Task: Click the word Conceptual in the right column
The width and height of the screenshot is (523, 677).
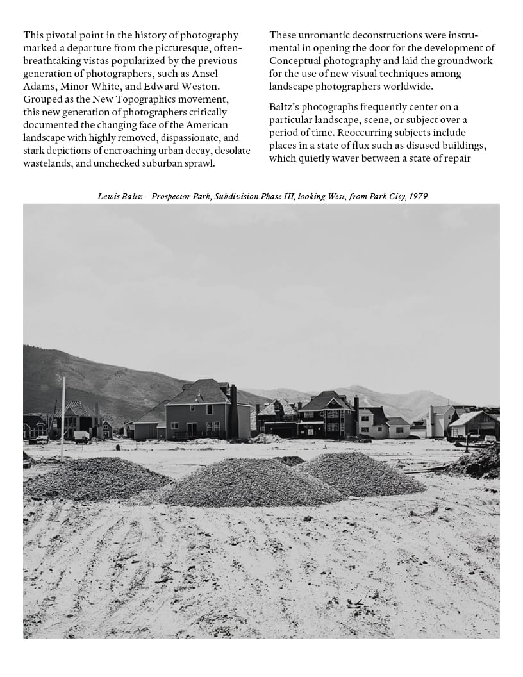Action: [298, 61]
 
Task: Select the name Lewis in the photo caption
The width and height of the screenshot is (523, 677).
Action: [108, 196]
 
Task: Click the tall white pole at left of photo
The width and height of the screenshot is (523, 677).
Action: [63, 417]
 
